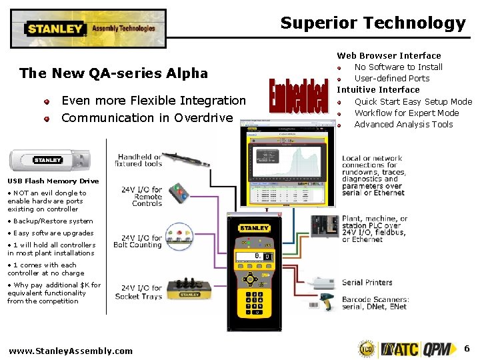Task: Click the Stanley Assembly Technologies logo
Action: point(89,29)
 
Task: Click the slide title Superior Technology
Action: point(373,23)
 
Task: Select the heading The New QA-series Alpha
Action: point(113,73)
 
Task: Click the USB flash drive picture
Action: point(45,160)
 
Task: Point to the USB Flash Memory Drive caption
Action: point(53,181)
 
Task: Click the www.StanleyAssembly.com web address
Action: point(71,351)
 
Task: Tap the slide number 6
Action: point(467,348)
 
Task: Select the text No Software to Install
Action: point(398,67)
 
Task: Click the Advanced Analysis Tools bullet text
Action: point(403,124)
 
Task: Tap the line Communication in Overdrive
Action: point(147,118)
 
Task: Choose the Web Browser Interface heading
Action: point(389,55)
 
